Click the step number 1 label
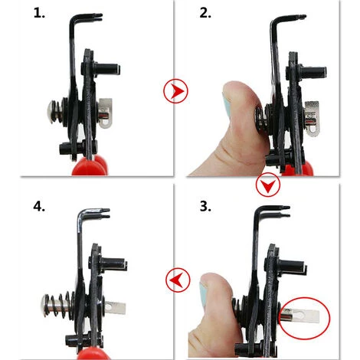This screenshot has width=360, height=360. (x=39, y=13)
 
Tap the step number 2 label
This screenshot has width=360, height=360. (x=205, y=13)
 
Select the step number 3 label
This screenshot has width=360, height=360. (x=205, y=206)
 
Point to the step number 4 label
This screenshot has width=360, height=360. (x=39, y=206)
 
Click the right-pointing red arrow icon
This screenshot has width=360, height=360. (x=175, y=91)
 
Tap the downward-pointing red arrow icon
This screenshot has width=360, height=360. (x=268, y=185)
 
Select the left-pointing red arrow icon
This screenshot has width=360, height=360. (x=178, y=280)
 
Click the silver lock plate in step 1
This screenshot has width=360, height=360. (x=106, y=113)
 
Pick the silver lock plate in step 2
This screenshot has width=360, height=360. (x=312, y=118)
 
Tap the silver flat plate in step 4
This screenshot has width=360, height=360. (x=116, y=308)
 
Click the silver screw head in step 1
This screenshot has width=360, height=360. (x=51, y=112)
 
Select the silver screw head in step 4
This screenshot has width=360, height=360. (x=45, y=306)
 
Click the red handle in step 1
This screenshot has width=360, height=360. (x=90, y=165)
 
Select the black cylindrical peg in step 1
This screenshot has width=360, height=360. (x=106, y=69)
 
